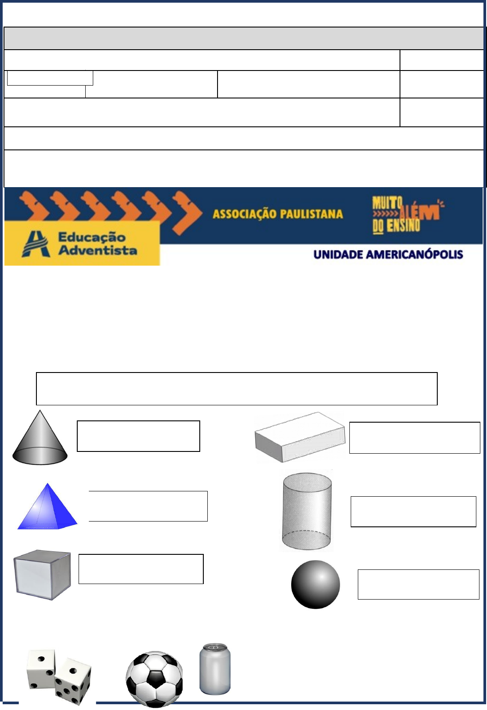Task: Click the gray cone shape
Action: point(40,439)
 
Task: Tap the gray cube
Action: point(42,575)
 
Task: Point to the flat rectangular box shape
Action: point(300,437)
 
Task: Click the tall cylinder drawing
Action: point(307,511)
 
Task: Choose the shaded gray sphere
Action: point(315,584)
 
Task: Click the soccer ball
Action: point(154,679)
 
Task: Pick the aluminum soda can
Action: point(215,669)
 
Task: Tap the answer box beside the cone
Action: point(139,436)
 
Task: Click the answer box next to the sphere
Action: point(419,584)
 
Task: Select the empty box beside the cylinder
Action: point(413,512)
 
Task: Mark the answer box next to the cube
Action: point(141,569)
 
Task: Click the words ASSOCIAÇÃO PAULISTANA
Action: point(278,214)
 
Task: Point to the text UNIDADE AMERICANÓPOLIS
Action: point(388,255)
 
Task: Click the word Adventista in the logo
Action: point(98,251)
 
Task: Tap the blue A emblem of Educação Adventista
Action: point(36,244)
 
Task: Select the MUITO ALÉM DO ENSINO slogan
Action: point(408,215)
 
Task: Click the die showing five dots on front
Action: point(73,681)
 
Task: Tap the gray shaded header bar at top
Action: point(244,38)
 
